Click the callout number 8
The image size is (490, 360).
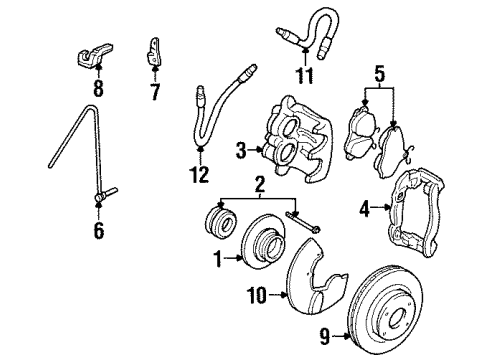(x=98, y=88)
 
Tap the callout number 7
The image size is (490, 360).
(x=155, y=92)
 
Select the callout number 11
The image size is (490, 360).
(x=305, y=76)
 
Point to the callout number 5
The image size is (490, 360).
(x=380, y=75)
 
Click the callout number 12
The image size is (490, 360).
(x=200, y=174)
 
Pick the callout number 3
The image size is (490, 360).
(x=241, y=151)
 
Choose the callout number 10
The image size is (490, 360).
(x=257, y=295)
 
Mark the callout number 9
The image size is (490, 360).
(x=325, y=336)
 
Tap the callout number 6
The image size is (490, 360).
(x=99, y=231)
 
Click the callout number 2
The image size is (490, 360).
(x=260, y=184)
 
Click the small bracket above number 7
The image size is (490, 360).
(x=154, y=51)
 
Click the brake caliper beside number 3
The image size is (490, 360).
(x=297, y=140)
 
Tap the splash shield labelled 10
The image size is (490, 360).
(x=313, y=277)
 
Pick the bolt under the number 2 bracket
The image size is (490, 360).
(x=303, y=221)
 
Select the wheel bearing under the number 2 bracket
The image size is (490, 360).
(x=220, y=221)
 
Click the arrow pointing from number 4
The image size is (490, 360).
(x=380, y=207)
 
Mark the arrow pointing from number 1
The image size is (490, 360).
(x=233, y=258)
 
